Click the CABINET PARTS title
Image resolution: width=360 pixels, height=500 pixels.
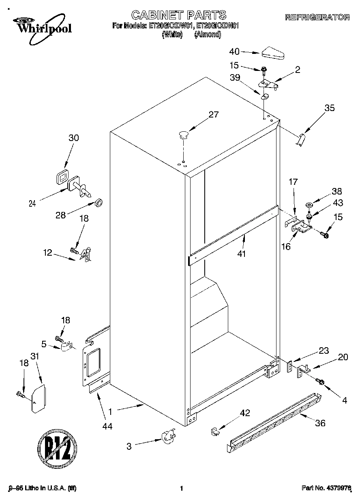pos(178,15)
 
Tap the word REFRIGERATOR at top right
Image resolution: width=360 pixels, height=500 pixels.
pos(317,17)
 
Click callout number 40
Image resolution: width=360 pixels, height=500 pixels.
pos(234,51)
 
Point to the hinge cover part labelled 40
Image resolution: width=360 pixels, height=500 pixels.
pos(274,52)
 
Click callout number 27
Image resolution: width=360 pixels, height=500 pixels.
pos(213,115)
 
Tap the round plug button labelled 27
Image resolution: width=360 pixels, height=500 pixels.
pos(184,134)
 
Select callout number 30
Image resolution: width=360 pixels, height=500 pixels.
pos(73,138)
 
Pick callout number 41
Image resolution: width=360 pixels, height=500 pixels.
pos(242,254)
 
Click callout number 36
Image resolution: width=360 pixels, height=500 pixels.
pos(320,423)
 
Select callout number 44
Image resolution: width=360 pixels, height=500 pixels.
pos(107,426)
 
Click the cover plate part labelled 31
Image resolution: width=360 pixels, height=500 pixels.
pos(39,399)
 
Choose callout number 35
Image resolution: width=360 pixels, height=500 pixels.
pos(329,108)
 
